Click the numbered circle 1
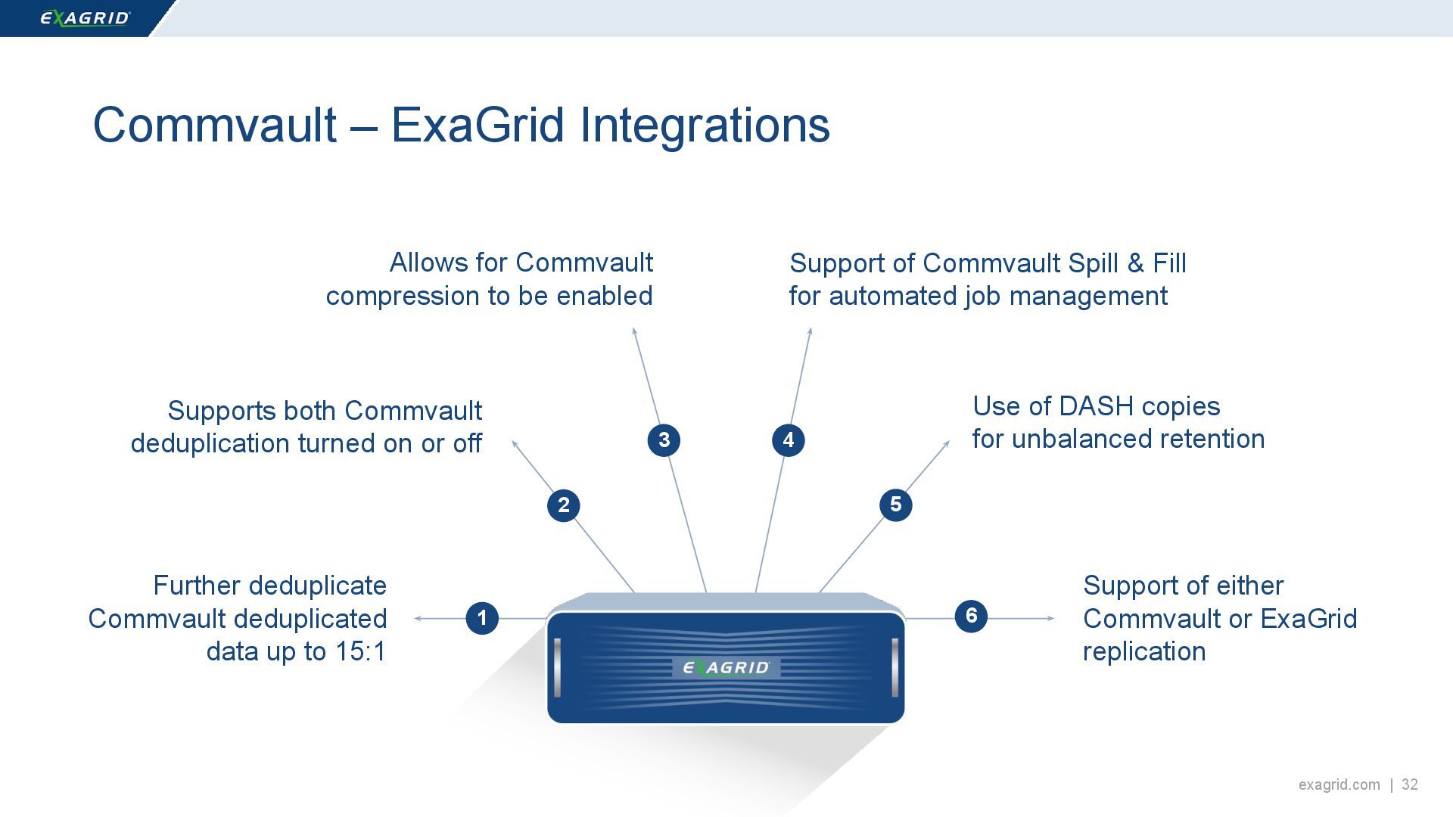[482, 618]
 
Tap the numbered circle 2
[563, 505]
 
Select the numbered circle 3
[664, 440]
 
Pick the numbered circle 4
[788, 440]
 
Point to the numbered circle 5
[895, 505]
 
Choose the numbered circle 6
[971, 616]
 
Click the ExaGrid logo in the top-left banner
[85, 18]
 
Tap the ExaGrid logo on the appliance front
[726, 667]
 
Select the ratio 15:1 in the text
[360, 651]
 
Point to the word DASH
[1096, 406]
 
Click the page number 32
[1410, 784]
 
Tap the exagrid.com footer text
[1339, 784]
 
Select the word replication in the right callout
[1143, 651]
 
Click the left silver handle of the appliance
[557, 667]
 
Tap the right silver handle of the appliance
[895, 667]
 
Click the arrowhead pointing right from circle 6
[1050, 618]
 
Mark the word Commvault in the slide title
[214, 125]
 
